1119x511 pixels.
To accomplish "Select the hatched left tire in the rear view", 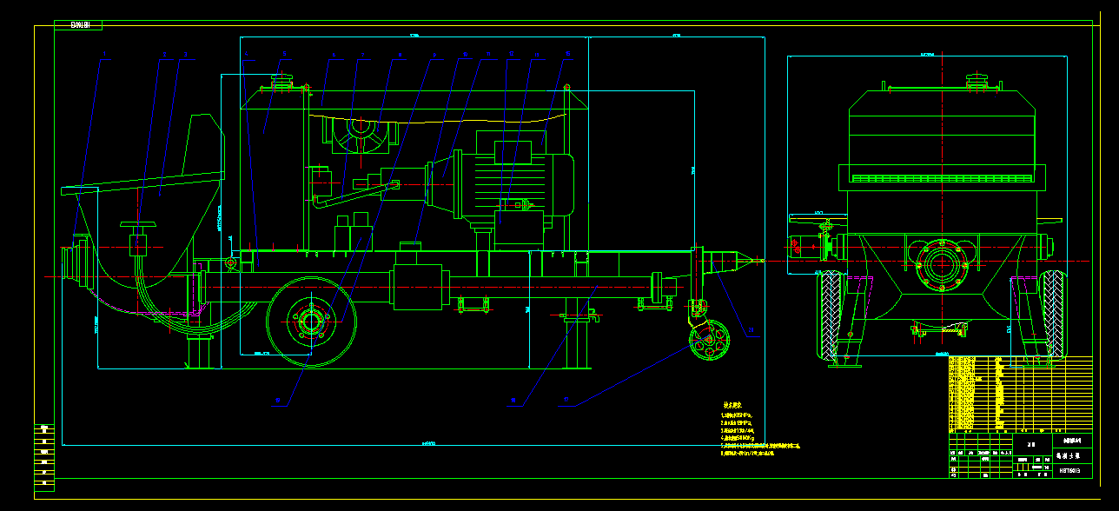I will click(x=831, y=315).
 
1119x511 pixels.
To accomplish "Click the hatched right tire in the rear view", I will click(x=1052, y=315).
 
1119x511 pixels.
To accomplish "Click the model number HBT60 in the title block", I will click(x=1069, y=470).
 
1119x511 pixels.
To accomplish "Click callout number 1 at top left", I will click(x=105, y=56).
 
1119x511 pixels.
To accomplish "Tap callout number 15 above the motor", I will click(x=568, y=55).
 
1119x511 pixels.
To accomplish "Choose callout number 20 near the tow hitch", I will click(x=752, y=330).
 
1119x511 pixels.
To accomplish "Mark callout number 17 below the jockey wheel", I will click(x=567, y=401).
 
